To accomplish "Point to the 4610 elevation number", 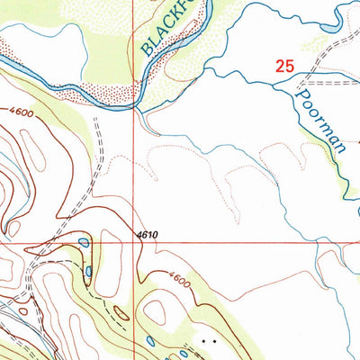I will (x=148, y=235).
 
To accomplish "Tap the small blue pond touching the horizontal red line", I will (x=84, y=242).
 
